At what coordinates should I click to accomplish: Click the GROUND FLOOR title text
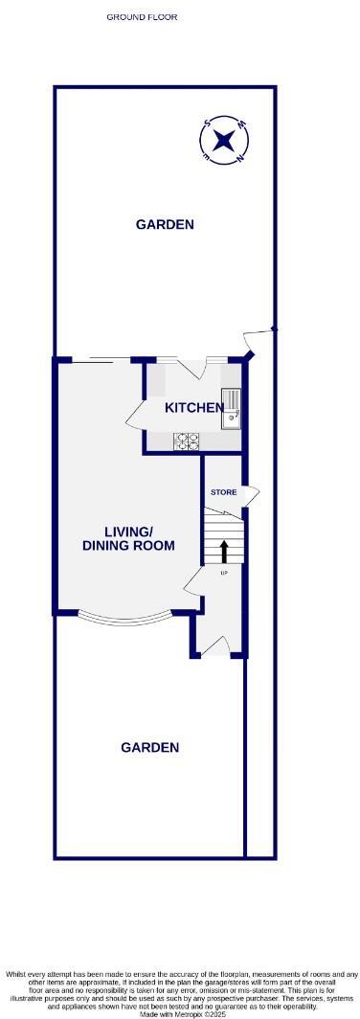(142, 17)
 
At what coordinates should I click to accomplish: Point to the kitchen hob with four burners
(187, 441)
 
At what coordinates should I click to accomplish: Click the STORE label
(223, 492)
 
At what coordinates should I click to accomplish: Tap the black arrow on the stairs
(225, 550)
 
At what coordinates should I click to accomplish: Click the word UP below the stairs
(224, 573)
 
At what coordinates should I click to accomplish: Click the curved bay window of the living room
(125, 618)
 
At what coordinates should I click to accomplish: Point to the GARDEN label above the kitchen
(165, 225)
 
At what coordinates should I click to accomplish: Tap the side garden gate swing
(258, 337)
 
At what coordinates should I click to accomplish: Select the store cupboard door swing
(251, 493)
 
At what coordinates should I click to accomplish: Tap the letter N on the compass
(238, 155)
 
